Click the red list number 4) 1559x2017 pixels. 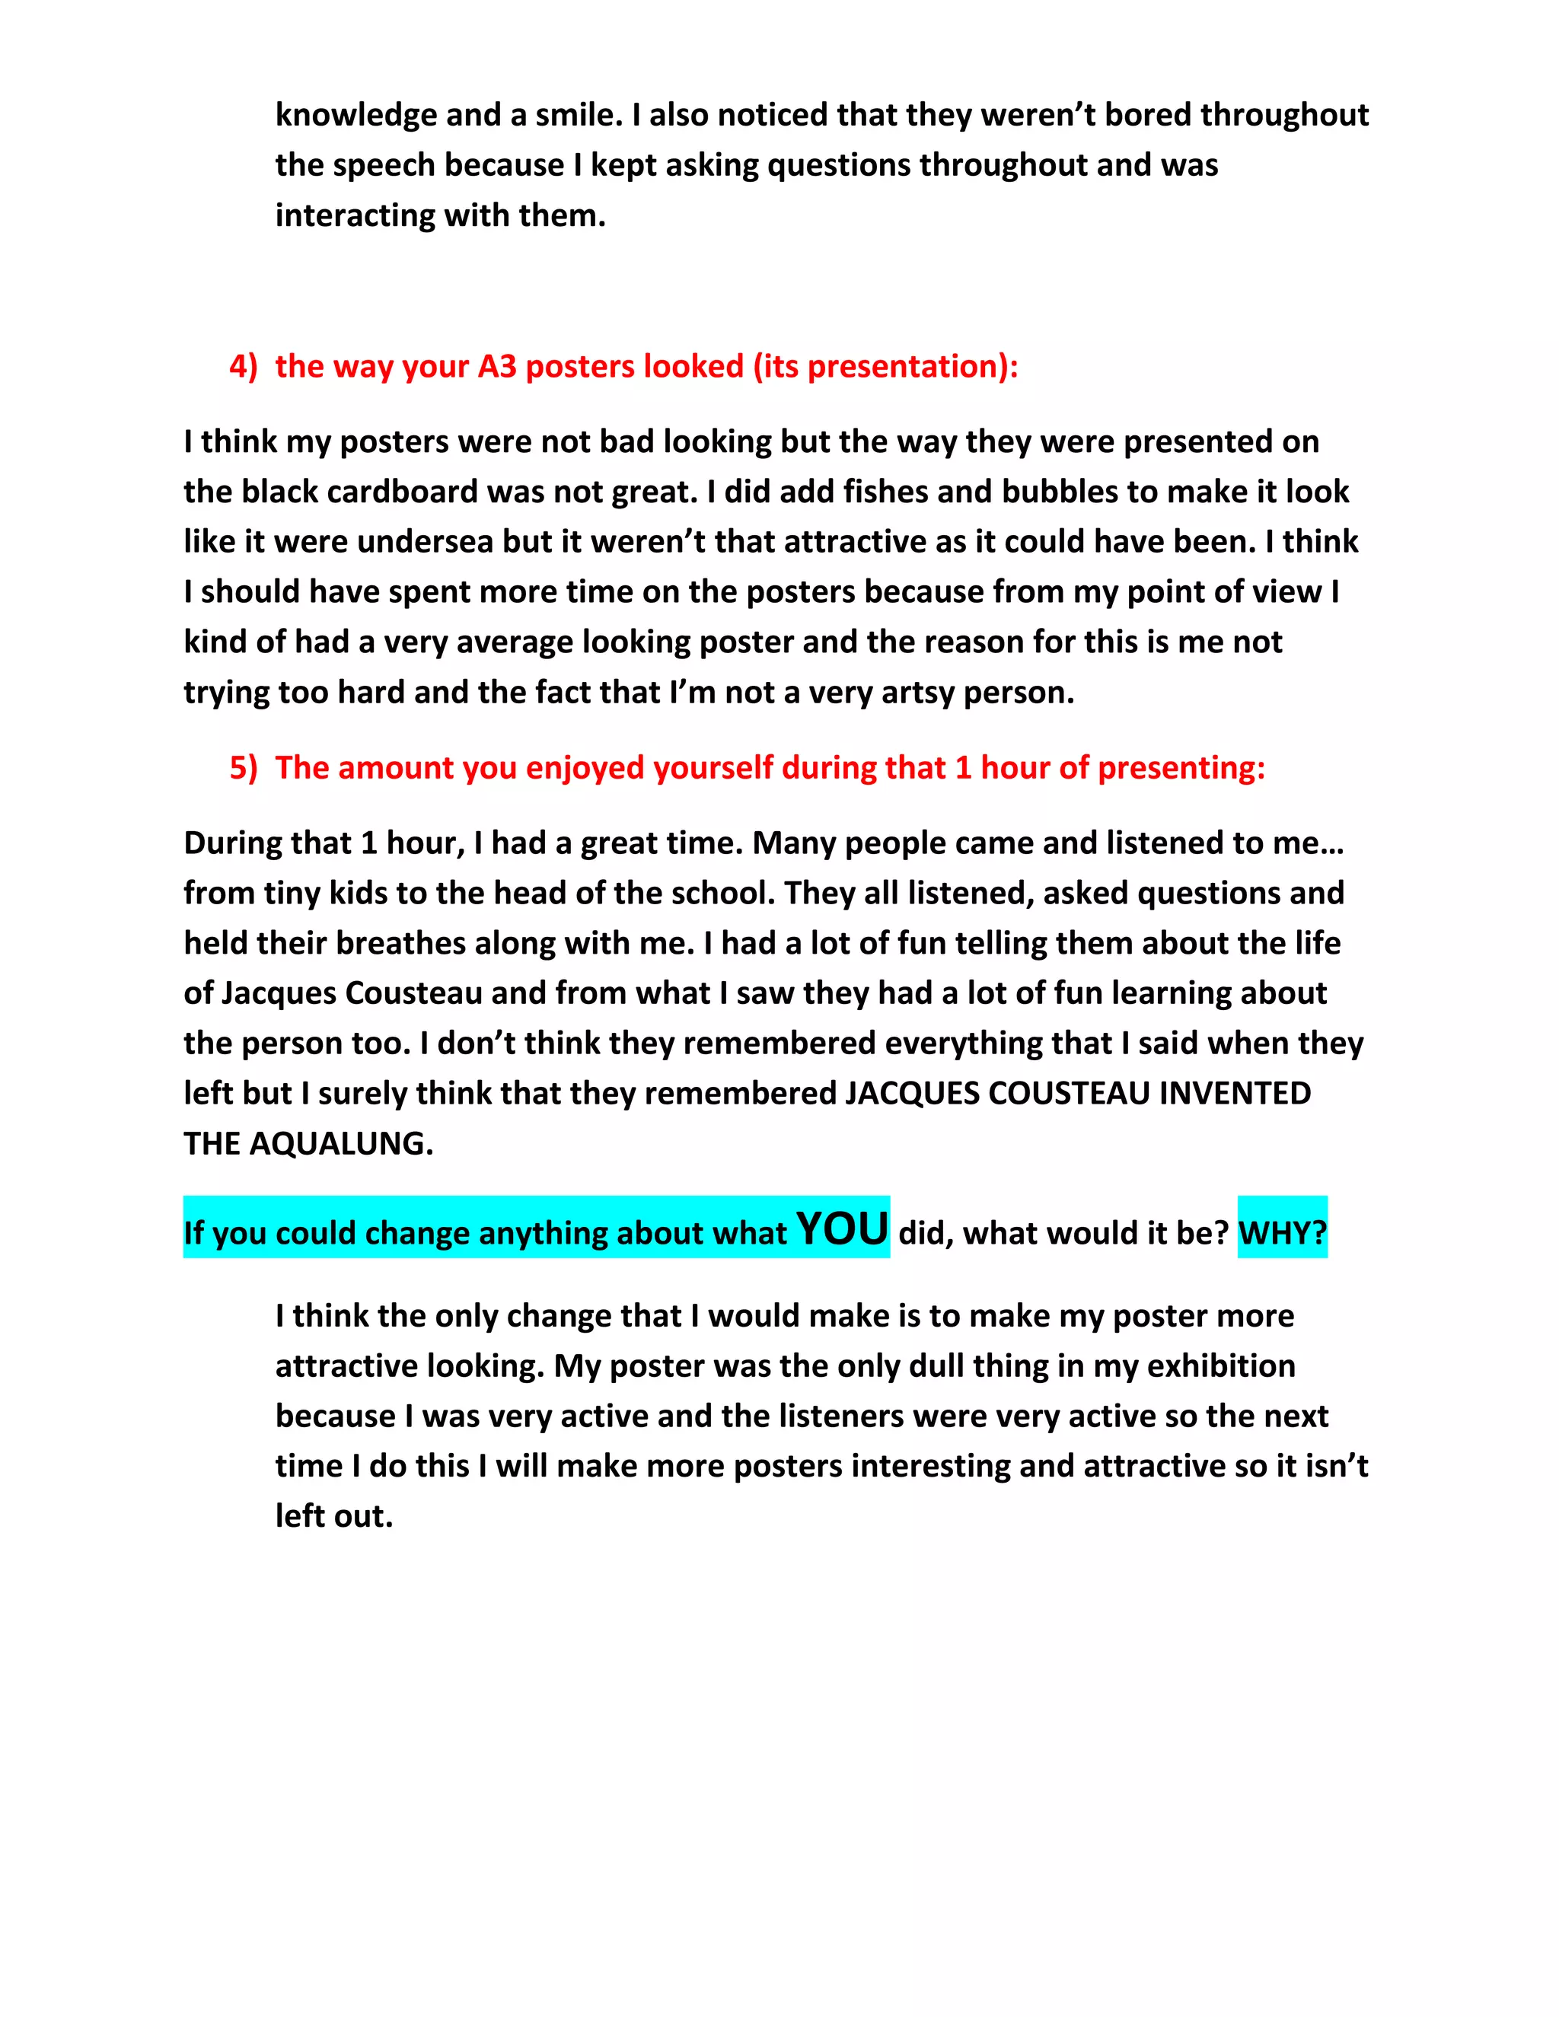tap(244, 367)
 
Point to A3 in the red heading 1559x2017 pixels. tap(497, 367)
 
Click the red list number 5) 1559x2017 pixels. tap(244, 767)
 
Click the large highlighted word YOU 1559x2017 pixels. tap(843, 1229)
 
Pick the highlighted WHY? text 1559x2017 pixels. tap(1282, 1233)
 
